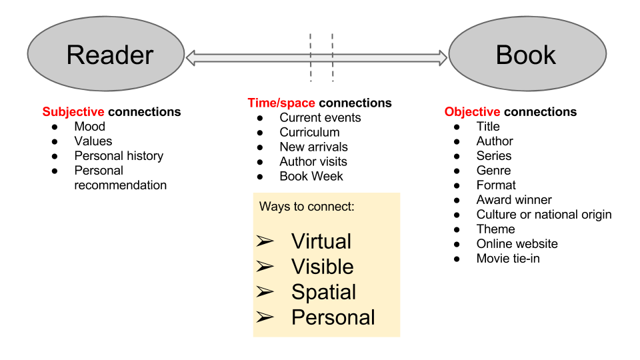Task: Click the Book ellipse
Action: (527, 54)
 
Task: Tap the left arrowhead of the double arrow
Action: (191, 58)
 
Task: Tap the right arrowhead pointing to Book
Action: (442, 58)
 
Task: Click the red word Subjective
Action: (73, 112)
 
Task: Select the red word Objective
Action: (473, 112)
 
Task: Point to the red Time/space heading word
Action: (281, 103)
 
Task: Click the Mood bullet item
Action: (89, 127)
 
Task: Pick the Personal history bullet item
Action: (119, 156)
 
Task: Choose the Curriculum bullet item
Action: (309, 132)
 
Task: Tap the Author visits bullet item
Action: (313, 161)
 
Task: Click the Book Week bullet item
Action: (311, 176)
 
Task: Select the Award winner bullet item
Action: (514, 200)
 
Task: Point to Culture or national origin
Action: (543, 215)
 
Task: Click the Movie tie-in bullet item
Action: (508, 259)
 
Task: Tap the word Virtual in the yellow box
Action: (321, 241)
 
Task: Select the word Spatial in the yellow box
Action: (323, 292)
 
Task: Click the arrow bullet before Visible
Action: (265, 267)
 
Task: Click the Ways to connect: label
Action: (307, 207)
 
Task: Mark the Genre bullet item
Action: (493, 171)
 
